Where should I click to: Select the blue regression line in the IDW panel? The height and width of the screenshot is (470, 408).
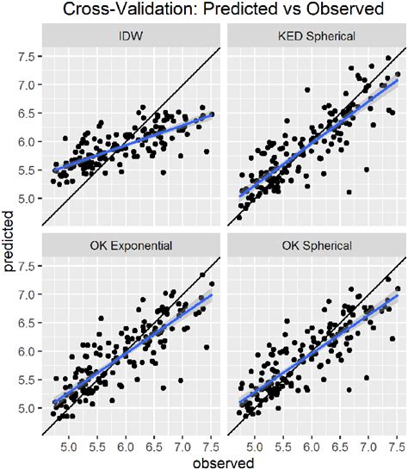129,142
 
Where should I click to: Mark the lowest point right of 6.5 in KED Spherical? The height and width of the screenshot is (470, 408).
349,191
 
